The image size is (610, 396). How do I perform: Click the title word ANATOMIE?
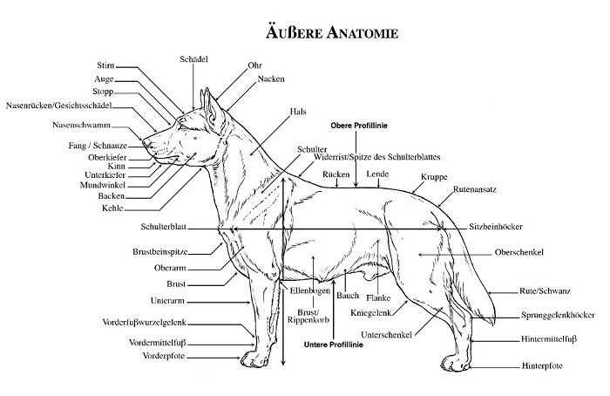pos(363,32)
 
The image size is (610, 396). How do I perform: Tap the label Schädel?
pos(193,59)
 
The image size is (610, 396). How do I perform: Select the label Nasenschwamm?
pos(81,125)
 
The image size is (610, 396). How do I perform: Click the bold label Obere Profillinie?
pos(359,126)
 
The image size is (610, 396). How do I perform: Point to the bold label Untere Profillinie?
pos(334,345)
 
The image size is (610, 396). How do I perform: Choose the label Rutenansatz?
pos(475,189)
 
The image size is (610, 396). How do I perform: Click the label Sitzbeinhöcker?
pos(496,227)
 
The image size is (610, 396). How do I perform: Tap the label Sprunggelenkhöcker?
pos(558,315)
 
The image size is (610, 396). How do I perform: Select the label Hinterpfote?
pos(542,366)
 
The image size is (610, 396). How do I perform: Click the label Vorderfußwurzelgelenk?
pos(145,323)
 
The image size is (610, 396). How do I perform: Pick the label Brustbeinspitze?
pos(160,252)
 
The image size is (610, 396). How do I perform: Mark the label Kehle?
pos(112,208)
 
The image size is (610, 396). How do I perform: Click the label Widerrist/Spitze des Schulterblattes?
pos(377,157)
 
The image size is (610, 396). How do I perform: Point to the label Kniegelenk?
pos(370,312)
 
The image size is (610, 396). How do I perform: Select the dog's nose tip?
pos(146,142)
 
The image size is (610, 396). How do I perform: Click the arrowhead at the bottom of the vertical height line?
pos(283,361)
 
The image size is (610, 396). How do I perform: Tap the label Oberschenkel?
pos(519,252)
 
